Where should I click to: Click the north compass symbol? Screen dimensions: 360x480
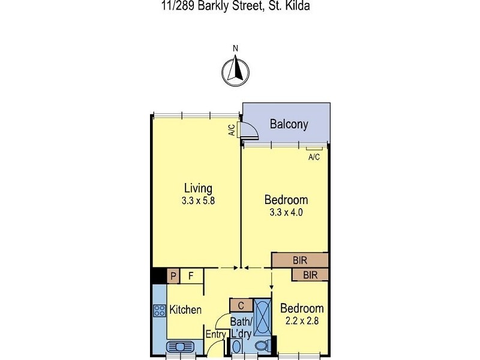coord(236,71)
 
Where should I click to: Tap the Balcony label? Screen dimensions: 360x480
coord(289,125)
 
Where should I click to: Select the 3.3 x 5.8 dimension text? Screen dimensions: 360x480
coord(198,202)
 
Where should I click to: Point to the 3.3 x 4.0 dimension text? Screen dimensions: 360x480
coord(286,212)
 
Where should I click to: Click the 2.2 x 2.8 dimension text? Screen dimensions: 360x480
coord(302,320)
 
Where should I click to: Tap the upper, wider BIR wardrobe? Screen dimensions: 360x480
coord(299,260)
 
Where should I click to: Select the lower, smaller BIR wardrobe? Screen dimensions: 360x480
coord(310,275)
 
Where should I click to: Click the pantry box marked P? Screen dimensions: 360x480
coord(173,276)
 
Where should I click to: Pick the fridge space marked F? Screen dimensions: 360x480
coord(191,276)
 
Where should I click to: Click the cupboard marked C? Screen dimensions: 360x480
coord(241,305)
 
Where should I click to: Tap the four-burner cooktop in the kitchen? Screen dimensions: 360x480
coord(160,310)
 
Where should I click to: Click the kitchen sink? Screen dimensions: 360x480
coord(178,347)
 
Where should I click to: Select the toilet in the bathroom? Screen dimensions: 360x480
coord(261,347)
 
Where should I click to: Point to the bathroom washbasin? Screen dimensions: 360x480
coord(236,347)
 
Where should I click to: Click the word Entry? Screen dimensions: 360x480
coord(215,335)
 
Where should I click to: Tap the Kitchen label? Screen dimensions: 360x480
coord(185,310)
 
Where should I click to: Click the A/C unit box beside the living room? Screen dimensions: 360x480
coord(238,130)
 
